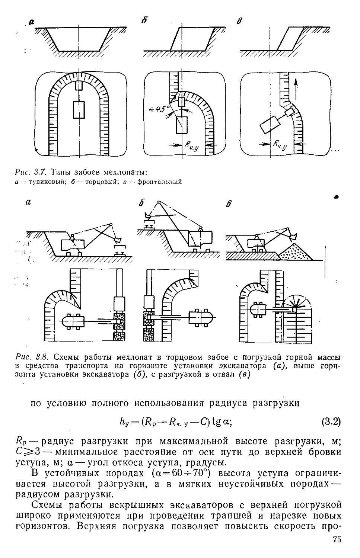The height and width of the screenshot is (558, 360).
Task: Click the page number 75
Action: tap(337, 540)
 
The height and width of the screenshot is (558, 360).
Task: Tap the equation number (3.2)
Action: tap(331, 421)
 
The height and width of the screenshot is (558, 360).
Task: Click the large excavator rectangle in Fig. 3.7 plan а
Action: tap(79, 109)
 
